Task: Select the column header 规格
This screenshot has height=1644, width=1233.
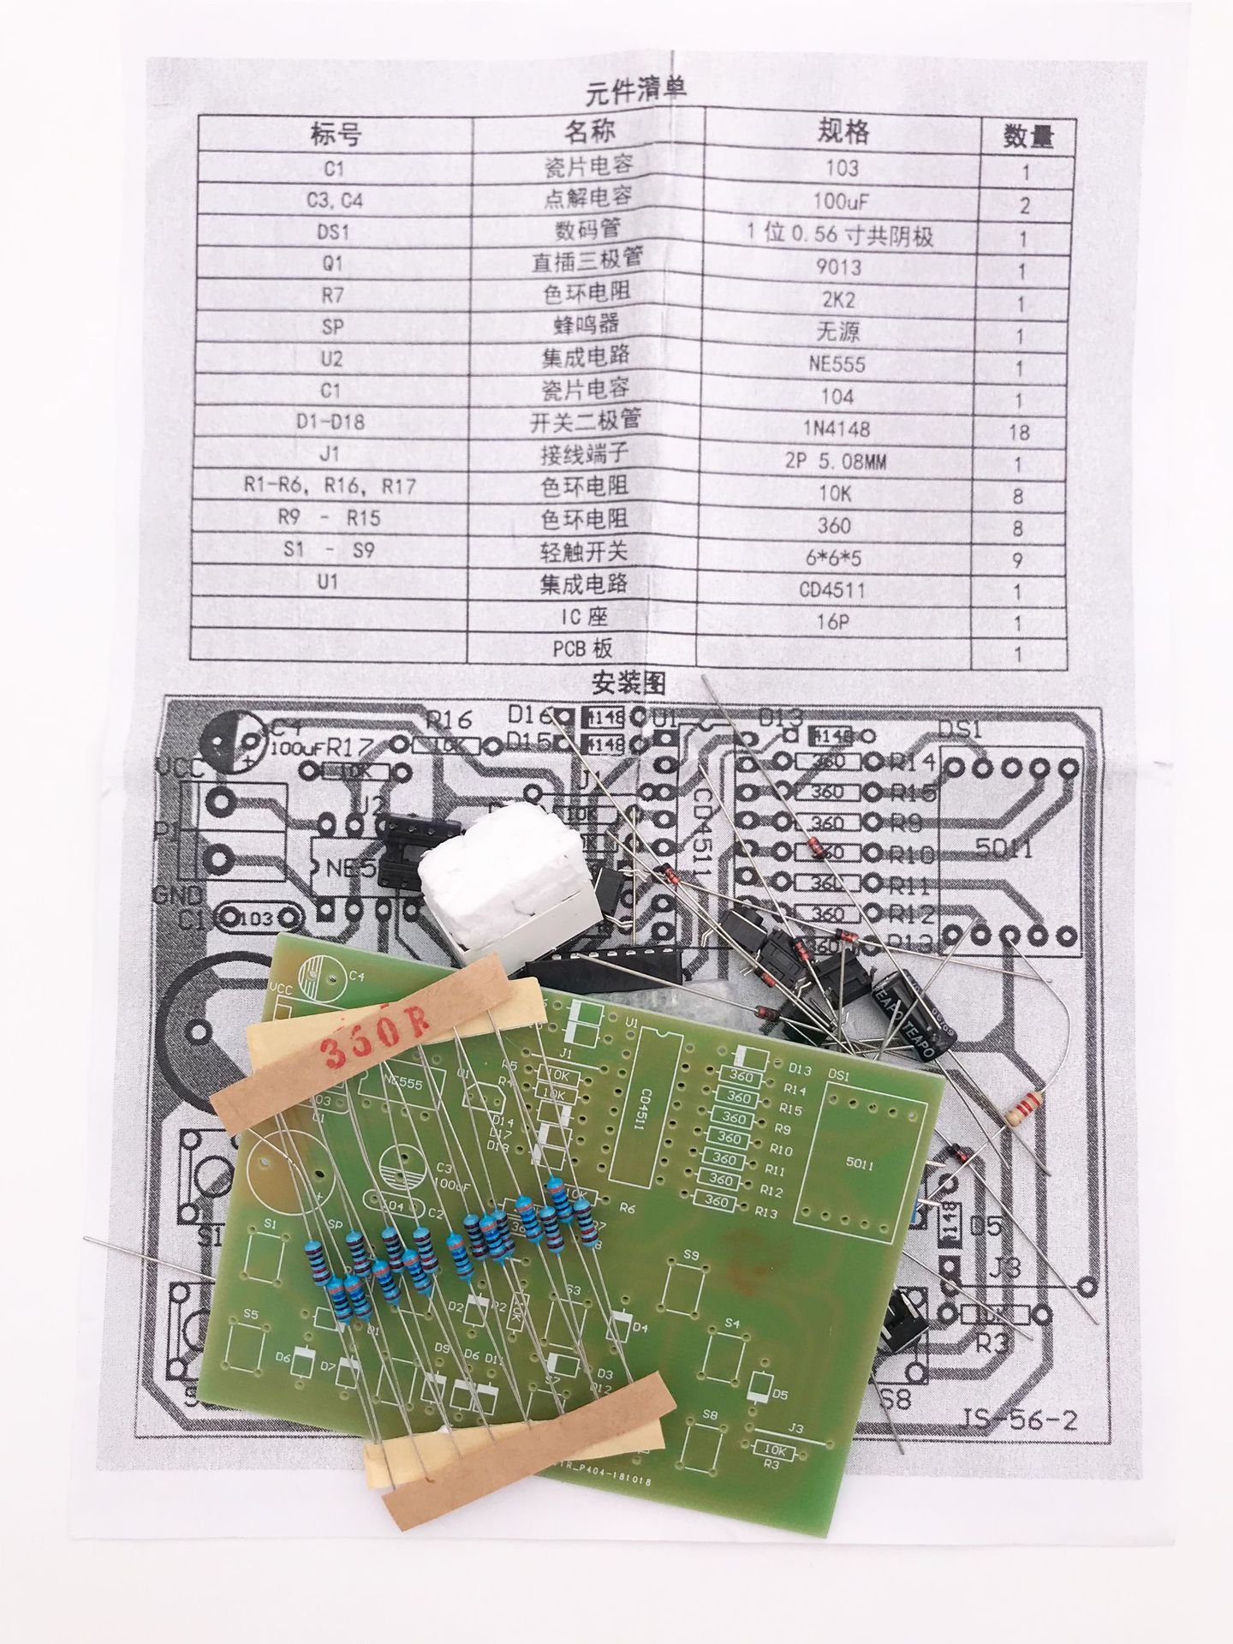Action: coord(843,131)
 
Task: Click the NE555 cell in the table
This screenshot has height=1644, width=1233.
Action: coord(842,363)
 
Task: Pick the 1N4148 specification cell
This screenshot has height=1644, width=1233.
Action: coord(843,430)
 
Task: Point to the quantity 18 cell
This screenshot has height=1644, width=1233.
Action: coord(1019,431)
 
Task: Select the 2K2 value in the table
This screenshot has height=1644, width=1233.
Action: coord(843,300)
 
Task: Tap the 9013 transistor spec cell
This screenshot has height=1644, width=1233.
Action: coord(843,268)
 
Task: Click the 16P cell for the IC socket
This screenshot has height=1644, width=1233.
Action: coord(843,621)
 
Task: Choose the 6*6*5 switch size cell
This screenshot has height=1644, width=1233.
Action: coord(843,558)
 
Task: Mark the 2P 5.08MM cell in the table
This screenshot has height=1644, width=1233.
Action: coord(843,463)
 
